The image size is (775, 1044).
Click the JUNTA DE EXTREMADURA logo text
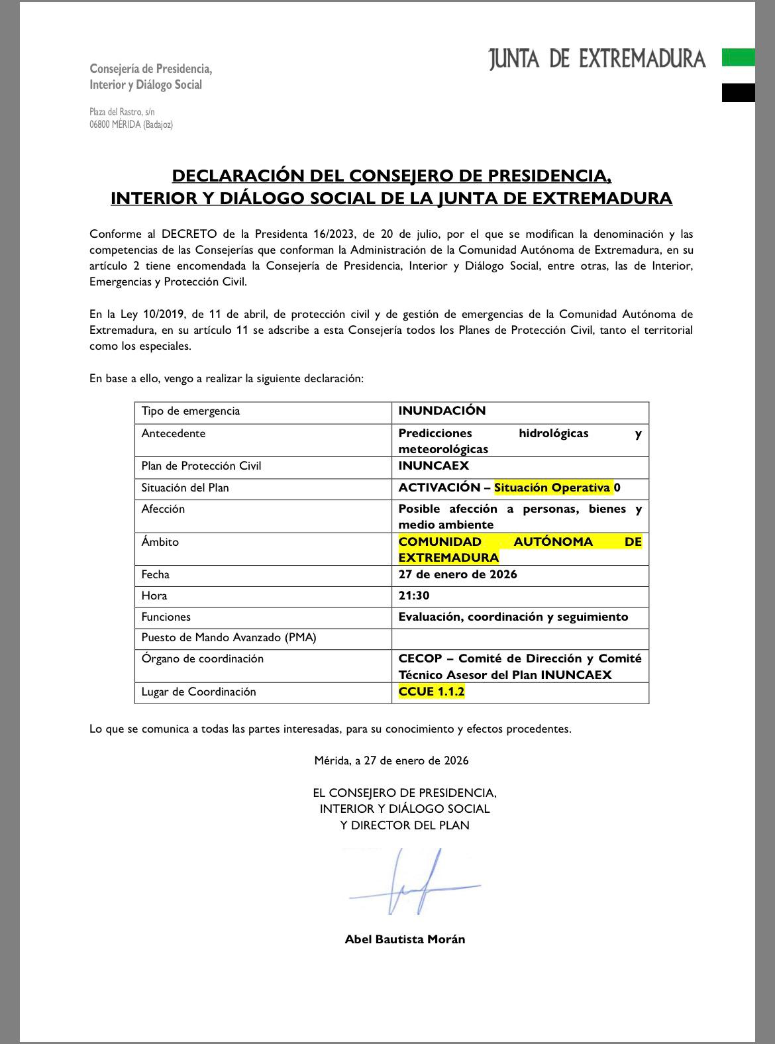click(x=597, y=59)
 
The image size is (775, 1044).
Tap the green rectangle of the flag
click(x=738, y=58)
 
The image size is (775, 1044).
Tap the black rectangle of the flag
click(x=738, y=93)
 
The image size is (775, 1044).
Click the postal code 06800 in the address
click(x=101, y=125)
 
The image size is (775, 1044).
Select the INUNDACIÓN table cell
click(x=442, y=411)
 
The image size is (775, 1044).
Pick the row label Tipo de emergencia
click(x=191, y=411)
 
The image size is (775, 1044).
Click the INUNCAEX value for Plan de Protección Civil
click(x=433, y=466)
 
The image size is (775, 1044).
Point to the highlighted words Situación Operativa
click(x=552, y=488)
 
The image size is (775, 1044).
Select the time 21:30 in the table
click(x=414, y=596)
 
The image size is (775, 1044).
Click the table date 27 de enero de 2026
click(x=458, y=574)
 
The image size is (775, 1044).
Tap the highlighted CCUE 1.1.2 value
click(x=431, y=692)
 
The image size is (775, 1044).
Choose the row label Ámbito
click(x=160, y=542)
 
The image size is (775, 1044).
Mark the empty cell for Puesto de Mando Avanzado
click(x=520, y=638)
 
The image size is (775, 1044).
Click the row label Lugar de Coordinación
click(x=199, y=692)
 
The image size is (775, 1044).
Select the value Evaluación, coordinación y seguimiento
click(x=513, y=617)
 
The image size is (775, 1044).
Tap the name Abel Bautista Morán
click(x=405, y=939)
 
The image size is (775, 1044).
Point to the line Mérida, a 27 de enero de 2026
click(x=391, y=760)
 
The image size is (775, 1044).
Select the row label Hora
click(x=154, y=596)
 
